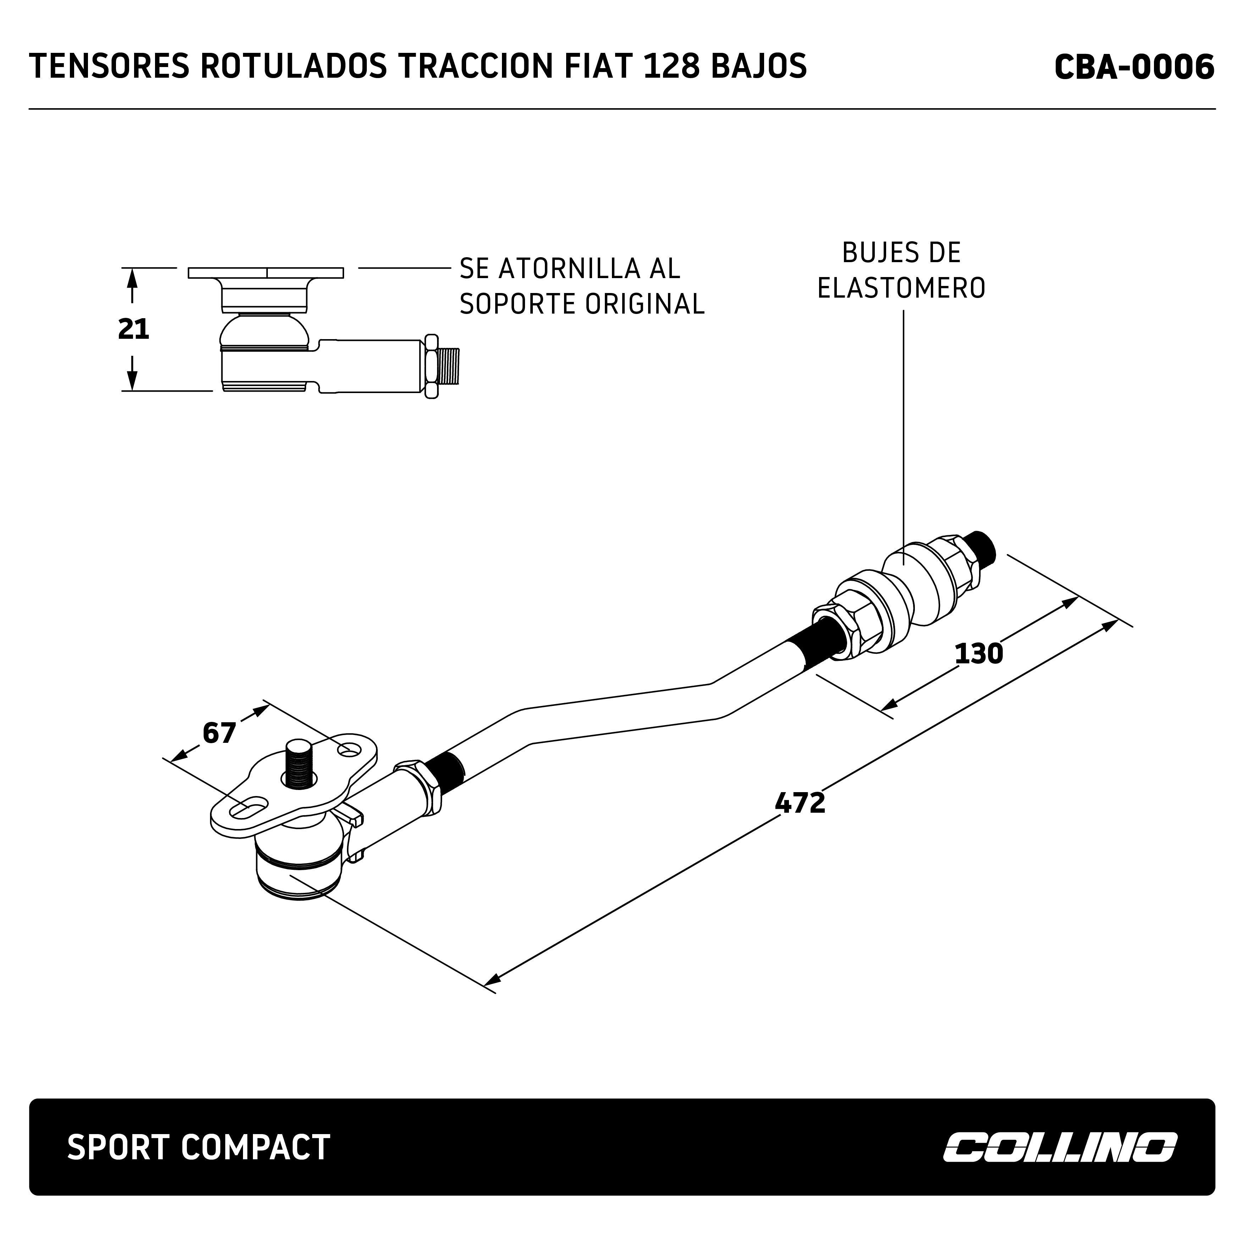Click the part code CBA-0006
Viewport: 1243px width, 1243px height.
[x=1134, y=67]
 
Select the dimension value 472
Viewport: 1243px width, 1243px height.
[x=800, y=803]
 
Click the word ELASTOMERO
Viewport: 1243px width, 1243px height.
[x=901, y=288]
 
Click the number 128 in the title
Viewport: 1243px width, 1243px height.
[x=671, y=67]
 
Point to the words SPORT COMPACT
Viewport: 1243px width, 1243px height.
[x=198, y=1147]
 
